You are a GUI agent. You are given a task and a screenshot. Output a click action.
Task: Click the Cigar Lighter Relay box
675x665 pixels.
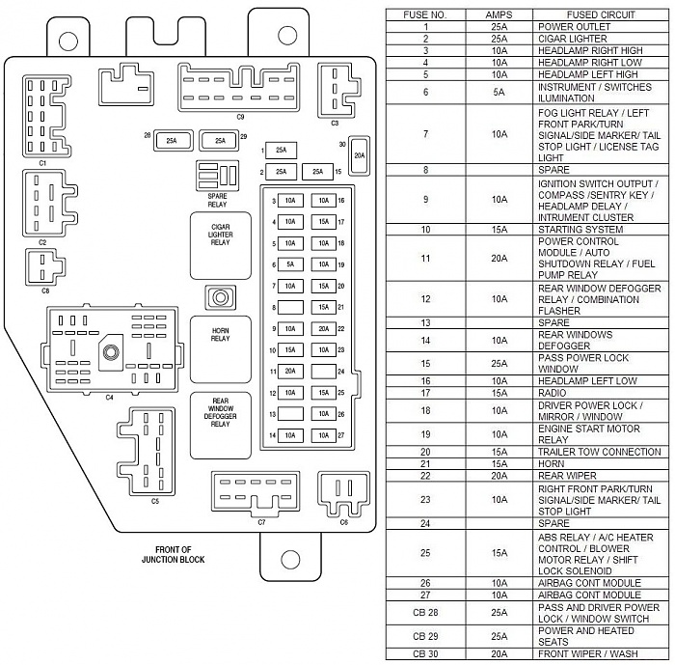(221, 246)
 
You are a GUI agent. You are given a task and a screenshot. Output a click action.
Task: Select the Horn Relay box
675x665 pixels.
(221, 349)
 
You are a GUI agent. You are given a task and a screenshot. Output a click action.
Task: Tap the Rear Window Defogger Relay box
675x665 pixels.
(221, 426)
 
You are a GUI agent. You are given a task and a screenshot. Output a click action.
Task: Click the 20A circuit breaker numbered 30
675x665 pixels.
(359, 155)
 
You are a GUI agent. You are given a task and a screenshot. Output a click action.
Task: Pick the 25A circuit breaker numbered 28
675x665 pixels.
(173, 141)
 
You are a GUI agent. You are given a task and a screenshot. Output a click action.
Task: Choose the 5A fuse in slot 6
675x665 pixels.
(290, 264)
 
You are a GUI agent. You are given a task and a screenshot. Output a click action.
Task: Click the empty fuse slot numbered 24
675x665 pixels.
(324, 371)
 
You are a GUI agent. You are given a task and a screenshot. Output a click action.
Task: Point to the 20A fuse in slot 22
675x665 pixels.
(324, 328)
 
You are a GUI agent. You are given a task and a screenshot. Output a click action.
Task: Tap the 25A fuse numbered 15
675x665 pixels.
(317, 172)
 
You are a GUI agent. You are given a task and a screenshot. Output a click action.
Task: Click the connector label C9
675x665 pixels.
(240, 117)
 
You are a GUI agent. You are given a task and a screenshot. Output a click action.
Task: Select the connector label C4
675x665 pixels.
(109, 398)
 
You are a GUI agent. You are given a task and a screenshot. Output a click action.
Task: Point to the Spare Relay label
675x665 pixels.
(217, 201)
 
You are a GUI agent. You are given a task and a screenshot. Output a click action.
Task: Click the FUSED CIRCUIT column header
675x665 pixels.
(601, 14)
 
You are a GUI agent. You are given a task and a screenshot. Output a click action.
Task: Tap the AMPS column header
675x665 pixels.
(499, 14)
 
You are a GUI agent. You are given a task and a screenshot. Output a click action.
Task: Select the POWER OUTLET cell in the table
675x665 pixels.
(574, 27)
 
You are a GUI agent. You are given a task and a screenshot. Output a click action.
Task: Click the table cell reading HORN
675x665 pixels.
(551, 463)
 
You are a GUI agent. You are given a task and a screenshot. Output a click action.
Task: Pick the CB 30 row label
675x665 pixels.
(425, 653)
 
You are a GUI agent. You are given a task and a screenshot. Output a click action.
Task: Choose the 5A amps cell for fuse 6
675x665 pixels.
(499, 93)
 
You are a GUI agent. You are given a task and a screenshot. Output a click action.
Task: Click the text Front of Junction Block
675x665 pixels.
(173, 555)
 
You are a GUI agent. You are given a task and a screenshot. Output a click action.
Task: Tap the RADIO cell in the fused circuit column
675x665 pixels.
(552, 393)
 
